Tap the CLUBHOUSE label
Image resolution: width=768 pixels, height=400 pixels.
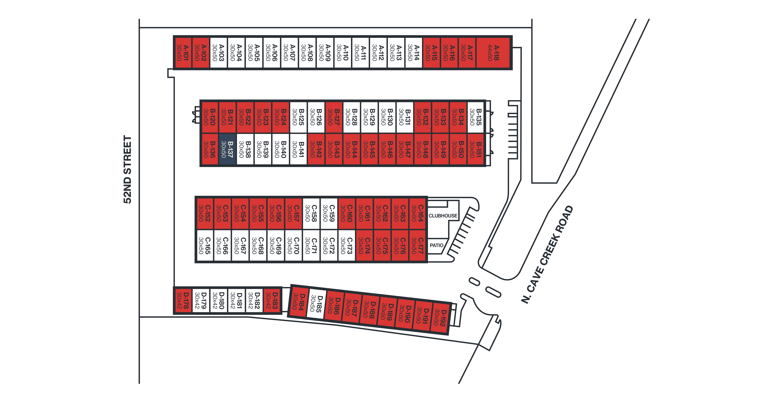coord(443,216)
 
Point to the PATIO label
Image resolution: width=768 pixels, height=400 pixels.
coord(436,245)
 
